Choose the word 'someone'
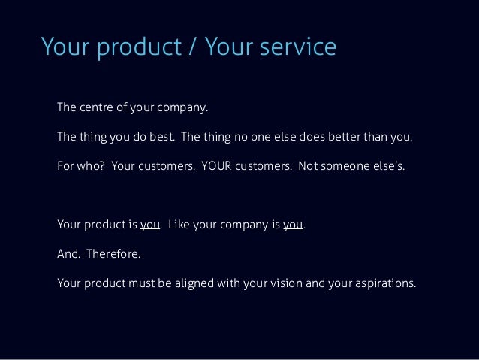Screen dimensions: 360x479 pos(348,166)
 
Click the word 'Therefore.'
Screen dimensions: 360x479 pos(113,254)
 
